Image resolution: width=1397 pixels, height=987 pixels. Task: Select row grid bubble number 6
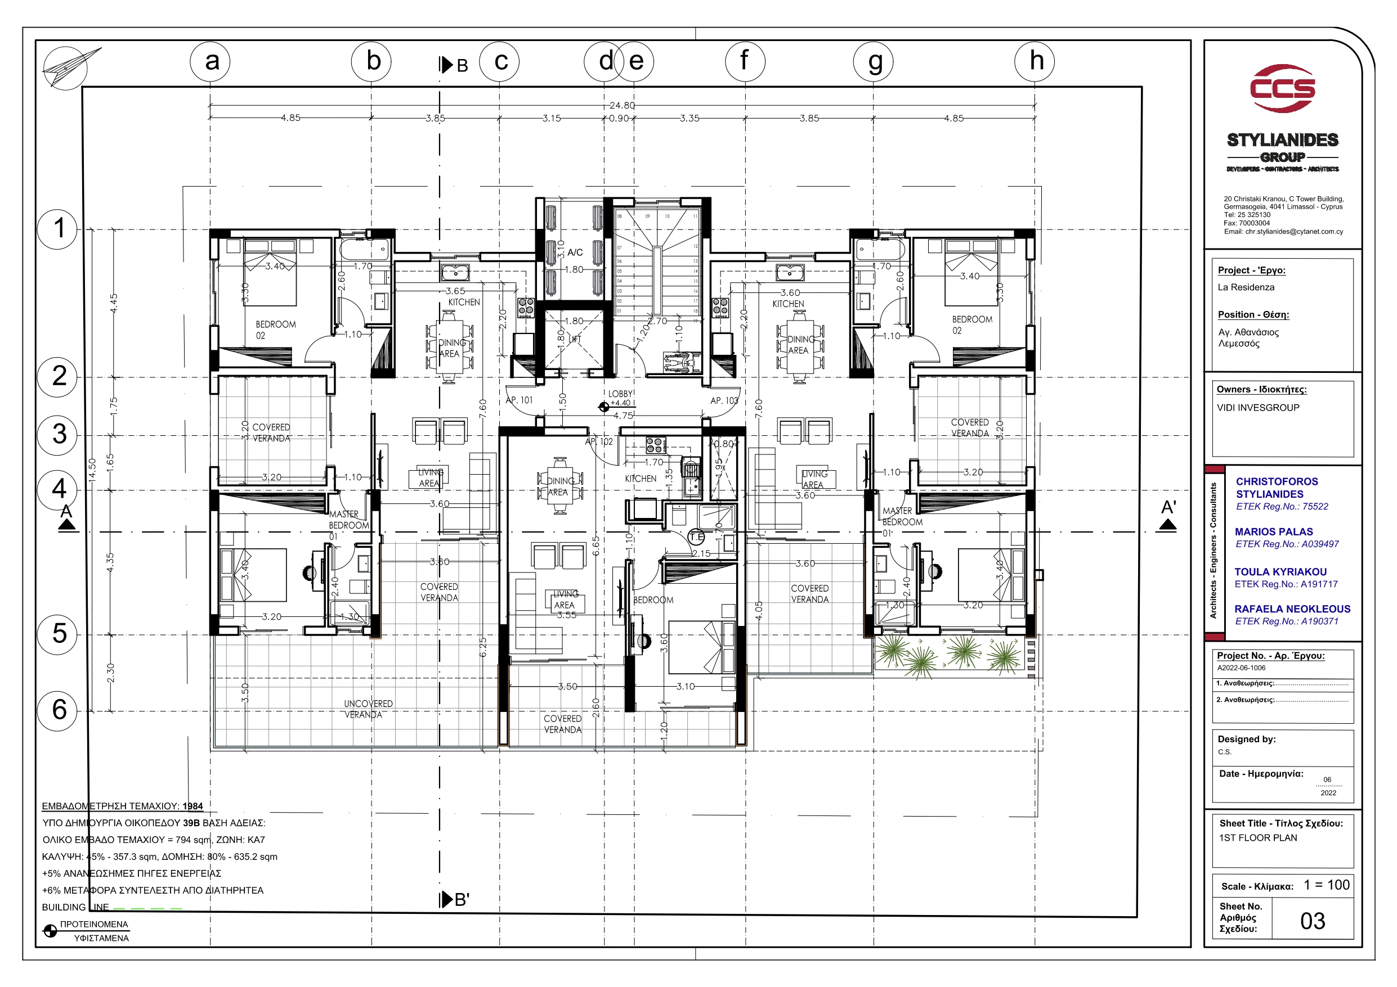58,710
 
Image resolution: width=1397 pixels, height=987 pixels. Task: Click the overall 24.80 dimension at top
622,105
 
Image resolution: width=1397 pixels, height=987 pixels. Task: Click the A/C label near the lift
575,253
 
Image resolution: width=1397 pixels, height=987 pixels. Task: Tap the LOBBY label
621,394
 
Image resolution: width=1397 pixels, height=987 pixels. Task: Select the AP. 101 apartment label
519,400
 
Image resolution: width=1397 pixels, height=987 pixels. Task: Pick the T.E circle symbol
696,537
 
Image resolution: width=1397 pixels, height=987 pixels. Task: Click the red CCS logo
1283,89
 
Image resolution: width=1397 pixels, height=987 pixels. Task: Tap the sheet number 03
1313,921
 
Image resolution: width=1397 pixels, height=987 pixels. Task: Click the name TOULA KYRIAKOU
1280,571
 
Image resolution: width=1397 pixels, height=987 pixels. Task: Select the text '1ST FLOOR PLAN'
1257,838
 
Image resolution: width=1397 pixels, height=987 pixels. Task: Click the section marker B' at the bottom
455,899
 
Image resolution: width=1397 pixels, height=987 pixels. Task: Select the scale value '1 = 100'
1327,885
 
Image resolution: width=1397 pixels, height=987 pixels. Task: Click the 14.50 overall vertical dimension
92,471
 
